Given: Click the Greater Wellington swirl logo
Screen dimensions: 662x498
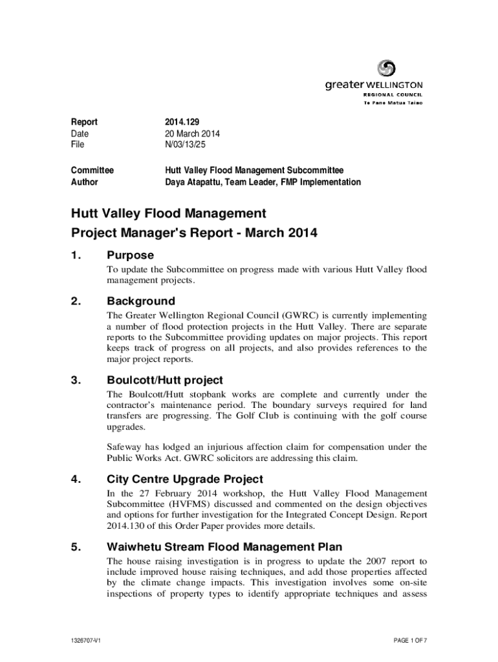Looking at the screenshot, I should tap(386, 68).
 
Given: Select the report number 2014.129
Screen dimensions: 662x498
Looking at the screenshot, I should tap(182, 122).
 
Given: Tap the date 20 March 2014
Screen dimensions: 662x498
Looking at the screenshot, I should tap(193, 134).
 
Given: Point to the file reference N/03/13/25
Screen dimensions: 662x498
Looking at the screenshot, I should tap(188, 145).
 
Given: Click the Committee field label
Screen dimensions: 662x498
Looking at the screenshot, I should tap(92, 171).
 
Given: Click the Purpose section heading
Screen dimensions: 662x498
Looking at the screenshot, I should tap(130, 255).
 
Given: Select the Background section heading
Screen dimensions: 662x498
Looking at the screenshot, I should tap(140, 301).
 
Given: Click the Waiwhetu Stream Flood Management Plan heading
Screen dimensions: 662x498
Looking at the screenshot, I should tap(224, 547).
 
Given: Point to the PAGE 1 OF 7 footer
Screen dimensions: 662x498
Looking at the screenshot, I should tap(410, 641).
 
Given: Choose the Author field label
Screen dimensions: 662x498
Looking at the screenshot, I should tap(84, 182).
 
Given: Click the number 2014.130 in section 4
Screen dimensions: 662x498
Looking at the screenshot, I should tap(126, 527).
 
